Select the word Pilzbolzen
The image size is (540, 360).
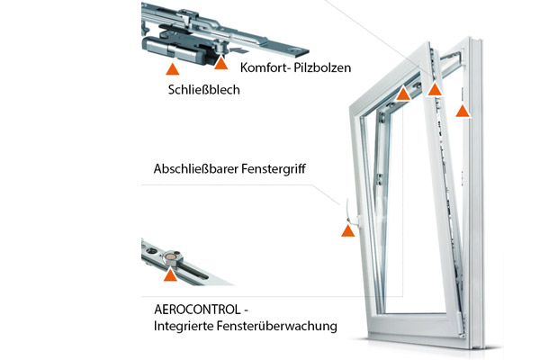322,67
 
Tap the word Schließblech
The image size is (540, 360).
204,90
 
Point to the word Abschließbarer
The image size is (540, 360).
196,169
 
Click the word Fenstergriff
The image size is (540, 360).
274,169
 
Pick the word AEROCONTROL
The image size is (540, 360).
197,309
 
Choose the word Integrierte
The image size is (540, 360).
181,326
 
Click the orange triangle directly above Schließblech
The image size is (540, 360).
173,69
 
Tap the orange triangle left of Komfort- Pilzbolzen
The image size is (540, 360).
221,63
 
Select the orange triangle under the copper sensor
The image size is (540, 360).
170,275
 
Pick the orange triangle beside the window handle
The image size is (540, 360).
347,230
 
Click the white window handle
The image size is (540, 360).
351,213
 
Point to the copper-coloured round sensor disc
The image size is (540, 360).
169,256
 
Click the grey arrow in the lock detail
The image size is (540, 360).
238,50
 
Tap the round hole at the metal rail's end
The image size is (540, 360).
296,51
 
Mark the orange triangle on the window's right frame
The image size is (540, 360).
463,111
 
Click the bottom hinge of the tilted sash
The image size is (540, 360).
463,324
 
